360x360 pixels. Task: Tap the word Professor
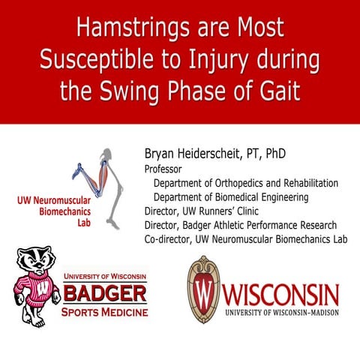pyautogui.click(x=165, y=169)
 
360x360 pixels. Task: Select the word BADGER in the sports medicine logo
pyautogui.click(x=105, y=292)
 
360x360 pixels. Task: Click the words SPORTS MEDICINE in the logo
pyautogui.click(x=105, y=310)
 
